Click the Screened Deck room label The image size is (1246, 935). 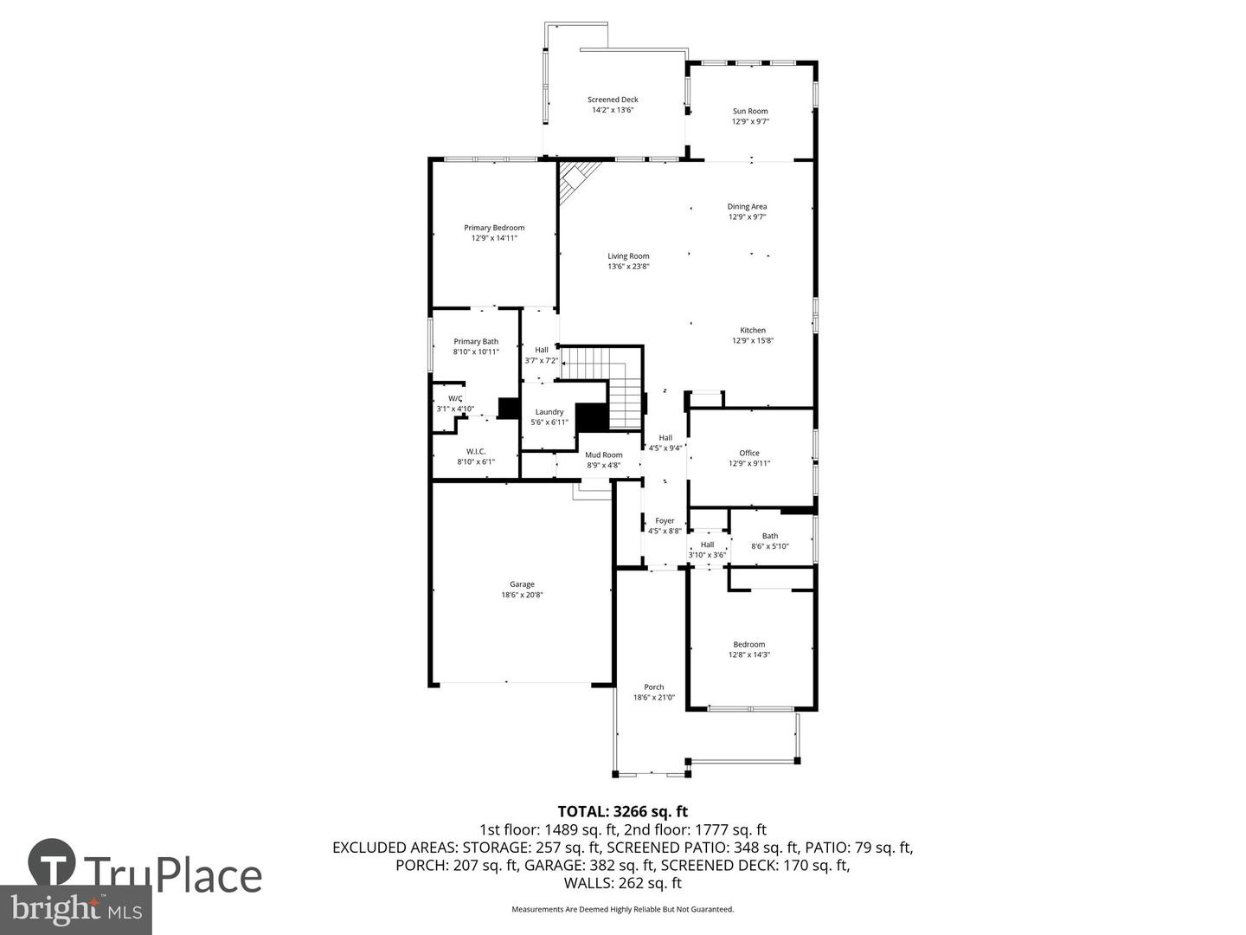point(613,100)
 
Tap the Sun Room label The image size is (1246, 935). point(750,111)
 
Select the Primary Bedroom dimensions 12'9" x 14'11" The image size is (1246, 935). point(494,238)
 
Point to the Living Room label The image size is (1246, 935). point(628,256)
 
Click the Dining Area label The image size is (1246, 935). point(747,207)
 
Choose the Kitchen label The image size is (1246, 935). point(752,331)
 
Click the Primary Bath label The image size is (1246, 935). point(476,342)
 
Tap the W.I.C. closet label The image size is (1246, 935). point(476,452)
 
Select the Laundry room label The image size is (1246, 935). point(549,412)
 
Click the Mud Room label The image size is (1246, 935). point(603,455)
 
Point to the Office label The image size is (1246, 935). point(749,454)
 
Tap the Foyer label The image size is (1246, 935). point(665,521)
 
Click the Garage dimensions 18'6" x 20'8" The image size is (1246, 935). point(522,595)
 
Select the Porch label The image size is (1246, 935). point(654,687)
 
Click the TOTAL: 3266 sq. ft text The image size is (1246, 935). point(622,811)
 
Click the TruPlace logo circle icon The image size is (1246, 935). point(52,863)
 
